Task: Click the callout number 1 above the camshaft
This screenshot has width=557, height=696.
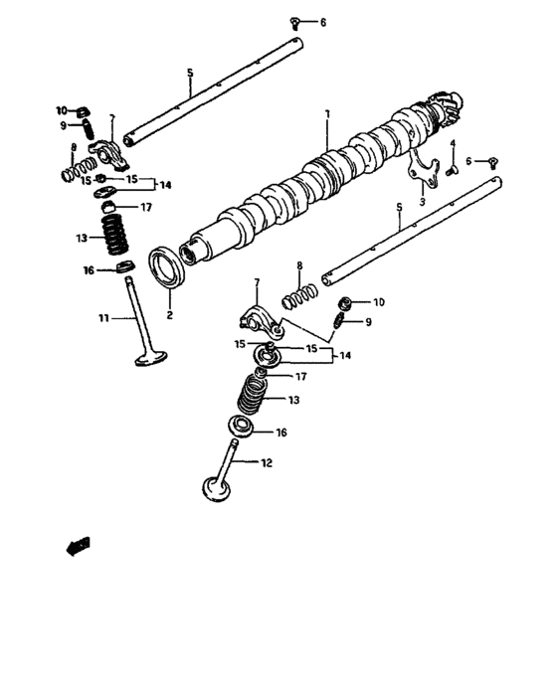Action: [327, 114]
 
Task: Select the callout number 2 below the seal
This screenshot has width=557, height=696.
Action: [170, 315]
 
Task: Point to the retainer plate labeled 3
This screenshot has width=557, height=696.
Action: [423, 170]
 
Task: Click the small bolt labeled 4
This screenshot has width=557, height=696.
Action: [452, 170]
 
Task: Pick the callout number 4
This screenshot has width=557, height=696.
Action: [453, 143]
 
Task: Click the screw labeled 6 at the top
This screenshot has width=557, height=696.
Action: [295, 22]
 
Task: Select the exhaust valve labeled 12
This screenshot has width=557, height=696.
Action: [221, 472]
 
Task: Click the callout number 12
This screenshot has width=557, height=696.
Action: [266, 463]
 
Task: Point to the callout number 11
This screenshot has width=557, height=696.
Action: [103, 318]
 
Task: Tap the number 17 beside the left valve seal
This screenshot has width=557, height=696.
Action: [146, 207]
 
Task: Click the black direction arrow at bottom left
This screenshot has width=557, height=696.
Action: [79, 547]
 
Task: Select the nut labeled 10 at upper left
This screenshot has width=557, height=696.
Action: [84, 111]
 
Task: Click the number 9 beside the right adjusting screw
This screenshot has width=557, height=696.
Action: [368, 322]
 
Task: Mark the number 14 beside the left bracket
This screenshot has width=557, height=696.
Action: [165, 185]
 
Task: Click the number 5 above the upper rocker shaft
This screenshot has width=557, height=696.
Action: [190, 73]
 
